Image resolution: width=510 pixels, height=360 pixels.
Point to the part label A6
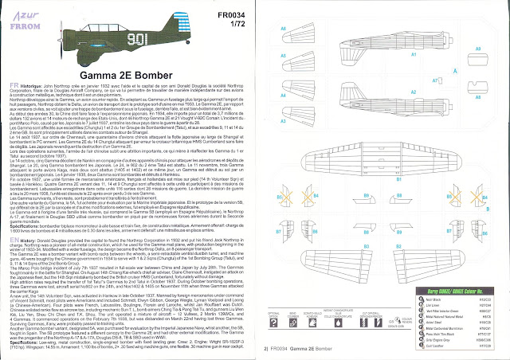(x=284, y=29)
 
